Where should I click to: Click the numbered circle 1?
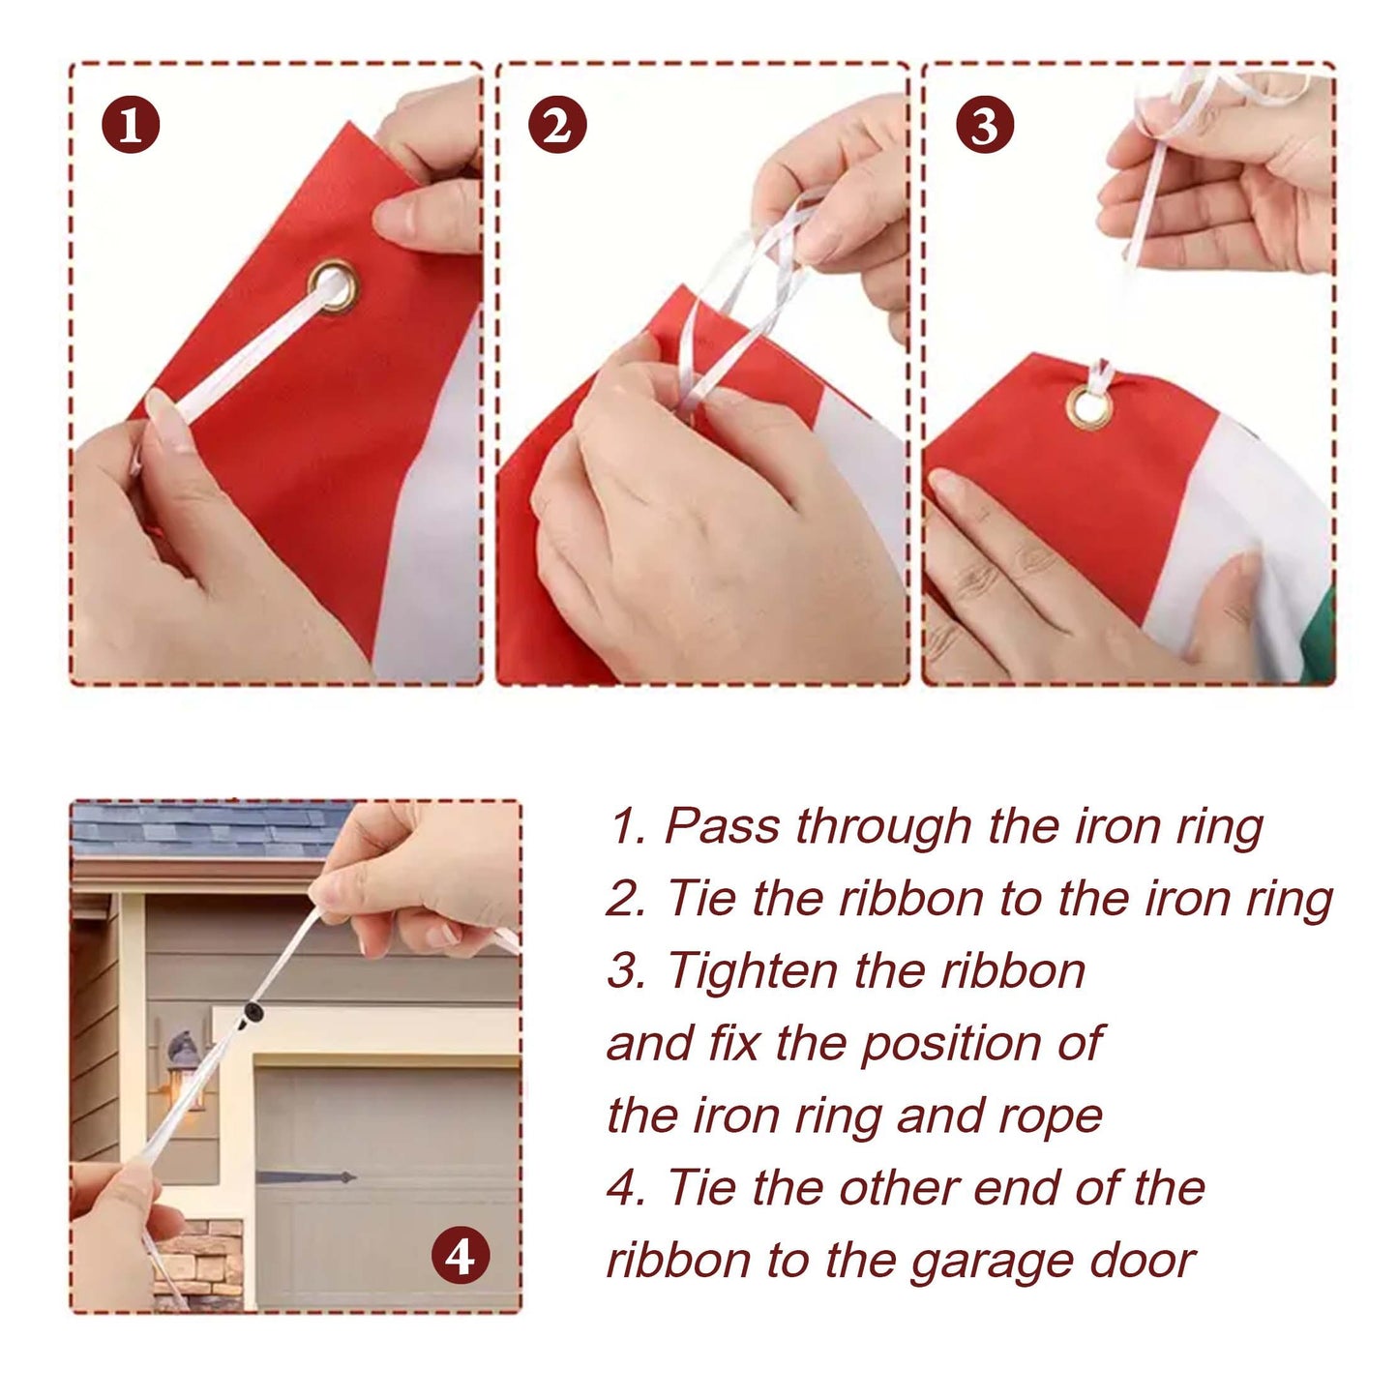pyautogui.click(x=131, y=124)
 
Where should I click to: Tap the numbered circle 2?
pyautogui.click(x=557, y=124)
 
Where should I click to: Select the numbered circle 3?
pyautogui.click(x=984, y=124)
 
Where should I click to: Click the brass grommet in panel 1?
pyautogui.click(x=333, y=285)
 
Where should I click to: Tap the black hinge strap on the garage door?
pyautogui.click(x=306, y=1176)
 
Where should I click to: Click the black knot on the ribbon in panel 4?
pyautogui.click(x=254, y=1011)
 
